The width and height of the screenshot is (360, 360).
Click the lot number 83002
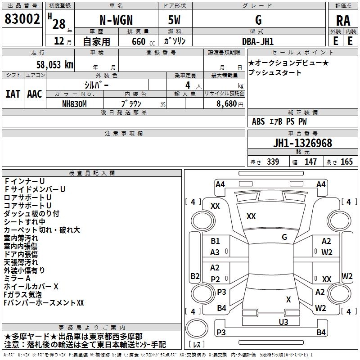[22, 20]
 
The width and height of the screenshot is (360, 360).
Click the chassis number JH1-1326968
[303, 144]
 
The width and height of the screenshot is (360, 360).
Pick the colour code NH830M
[75, 103]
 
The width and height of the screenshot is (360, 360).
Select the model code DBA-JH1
[258, 41]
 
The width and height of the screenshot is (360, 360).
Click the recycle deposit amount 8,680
[227, 103]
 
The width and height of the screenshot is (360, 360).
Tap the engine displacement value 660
[138, 41]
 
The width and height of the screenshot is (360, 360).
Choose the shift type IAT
[13, 94]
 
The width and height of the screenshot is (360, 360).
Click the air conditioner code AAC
[35, 94]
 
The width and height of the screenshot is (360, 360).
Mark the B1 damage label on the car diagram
[215, 241]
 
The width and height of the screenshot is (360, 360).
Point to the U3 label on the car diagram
[283, 322]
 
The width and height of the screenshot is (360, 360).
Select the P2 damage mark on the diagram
[215, 279]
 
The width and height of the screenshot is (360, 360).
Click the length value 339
[272, 162]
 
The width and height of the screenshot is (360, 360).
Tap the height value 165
[346, 162]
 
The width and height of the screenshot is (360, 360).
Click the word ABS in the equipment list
[258, 121]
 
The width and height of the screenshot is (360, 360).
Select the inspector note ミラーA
[17, 279]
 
